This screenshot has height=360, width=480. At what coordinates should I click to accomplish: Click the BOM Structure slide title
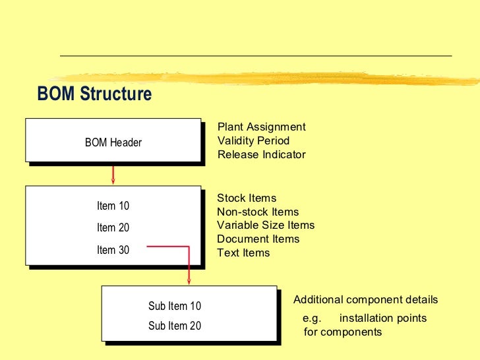[94, 94]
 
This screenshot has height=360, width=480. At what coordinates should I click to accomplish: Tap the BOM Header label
[113, 142]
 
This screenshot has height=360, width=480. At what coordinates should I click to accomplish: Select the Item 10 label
[113, 206]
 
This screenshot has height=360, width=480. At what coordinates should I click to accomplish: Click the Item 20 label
[113, 228]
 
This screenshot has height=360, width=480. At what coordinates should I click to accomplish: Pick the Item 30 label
[113, 250]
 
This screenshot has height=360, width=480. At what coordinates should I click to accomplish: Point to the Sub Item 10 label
[175, 306]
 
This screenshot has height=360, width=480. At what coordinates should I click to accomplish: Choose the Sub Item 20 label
[175, 326]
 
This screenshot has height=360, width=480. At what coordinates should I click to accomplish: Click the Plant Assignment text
[262, 127]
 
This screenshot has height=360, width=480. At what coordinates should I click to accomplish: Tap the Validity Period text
[253, 140]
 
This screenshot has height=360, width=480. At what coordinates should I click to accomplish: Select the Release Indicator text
[262, 155]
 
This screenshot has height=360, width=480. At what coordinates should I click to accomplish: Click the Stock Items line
[247, 198]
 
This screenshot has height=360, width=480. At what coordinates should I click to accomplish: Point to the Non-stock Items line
[258, 212]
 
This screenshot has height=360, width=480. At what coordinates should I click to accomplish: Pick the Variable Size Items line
[266, 225]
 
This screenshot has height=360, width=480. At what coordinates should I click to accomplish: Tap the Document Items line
[258, 239]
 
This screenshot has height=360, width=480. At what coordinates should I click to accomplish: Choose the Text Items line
[243, 253]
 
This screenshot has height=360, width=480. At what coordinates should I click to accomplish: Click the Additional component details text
[365, 300]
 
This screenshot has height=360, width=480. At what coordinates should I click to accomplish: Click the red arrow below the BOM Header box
[113, 174]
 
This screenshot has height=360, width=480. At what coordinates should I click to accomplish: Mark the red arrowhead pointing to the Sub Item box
[189, 282]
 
